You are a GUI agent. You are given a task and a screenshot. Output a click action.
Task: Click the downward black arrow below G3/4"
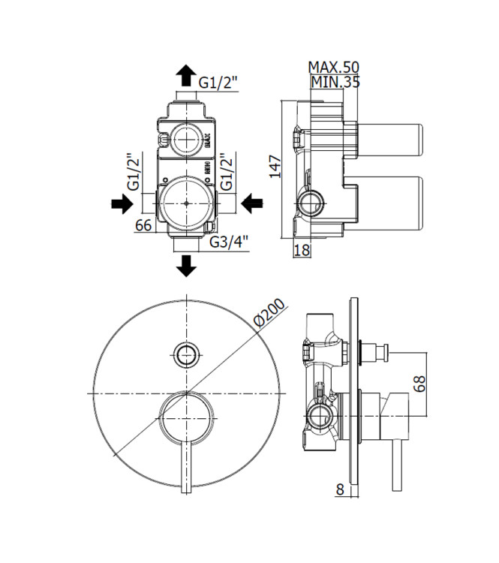185,265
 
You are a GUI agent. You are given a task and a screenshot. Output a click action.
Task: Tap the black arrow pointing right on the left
121,203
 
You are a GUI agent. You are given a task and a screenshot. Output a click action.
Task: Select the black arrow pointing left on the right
251,203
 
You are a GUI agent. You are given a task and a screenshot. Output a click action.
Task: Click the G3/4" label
229,242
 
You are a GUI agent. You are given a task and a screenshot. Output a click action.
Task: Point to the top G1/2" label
219,83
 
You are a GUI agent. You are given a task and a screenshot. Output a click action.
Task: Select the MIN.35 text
335,83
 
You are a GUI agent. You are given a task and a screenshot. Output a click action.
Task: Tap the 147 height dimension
275,165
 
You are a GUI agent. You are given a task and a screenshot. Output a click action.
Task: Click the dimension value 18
302,251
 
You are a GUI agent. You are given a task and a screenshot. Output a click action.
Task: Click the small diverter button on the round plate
186,354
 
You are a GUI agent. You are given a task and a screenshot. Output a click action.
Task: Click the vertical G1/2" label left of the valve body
134,172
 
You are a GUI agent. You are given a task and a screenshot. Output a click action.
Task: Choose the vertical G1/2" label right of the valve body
224,172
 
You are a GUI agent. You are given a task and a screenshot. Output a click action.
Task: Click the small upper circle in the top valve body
185,139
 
